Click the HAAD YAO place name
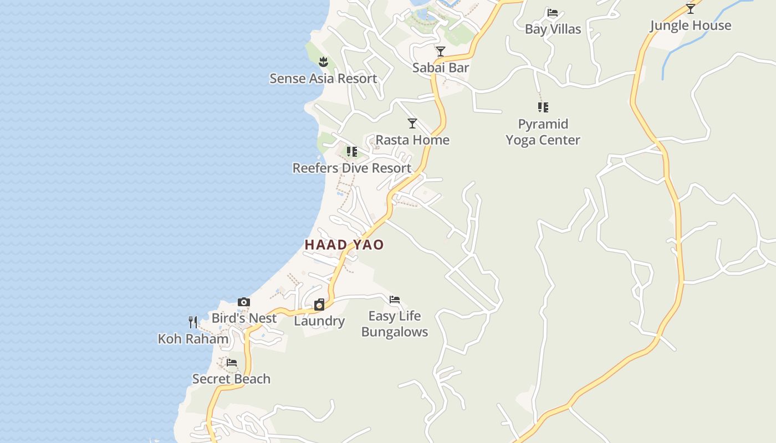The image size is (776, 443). [344, 245]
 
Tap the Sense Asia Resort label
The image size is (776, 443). [323, 79]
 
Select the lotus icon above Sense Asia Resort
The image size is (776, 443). [324, 61]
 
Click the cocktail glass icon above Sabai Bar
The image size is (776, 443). [441, 51]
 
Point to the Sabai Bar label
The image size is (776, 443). [441, 68]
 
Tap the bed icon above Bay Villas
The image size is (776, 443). [553, 13]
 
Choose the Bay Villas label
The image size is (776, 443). [553, 29]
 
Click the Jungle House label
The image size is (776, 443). [690, 25]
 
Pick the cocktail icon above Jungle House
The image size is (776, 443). [691, 9]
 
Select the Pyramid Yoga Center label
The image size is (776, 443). [543, 132]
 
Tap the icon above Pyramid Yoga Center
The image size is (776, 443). [543, 107]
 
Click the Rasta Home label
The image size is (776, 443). [412, 140]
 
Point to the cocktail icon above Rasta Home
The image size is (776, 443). [412, 123]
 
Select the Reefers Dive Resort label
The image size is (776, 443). [352, 168]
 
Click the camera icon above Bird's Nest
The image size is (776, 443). [244, 302]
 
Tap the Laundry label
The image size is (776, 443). [319, 321]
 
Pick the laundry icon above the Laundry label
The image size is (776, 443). [319, 305]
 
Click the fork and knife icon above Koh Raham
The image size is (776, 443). [193, 322]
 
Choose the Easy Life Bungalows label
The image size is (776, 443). [395, 324]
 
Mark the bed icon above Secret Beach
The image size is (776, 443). [232, 363]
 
